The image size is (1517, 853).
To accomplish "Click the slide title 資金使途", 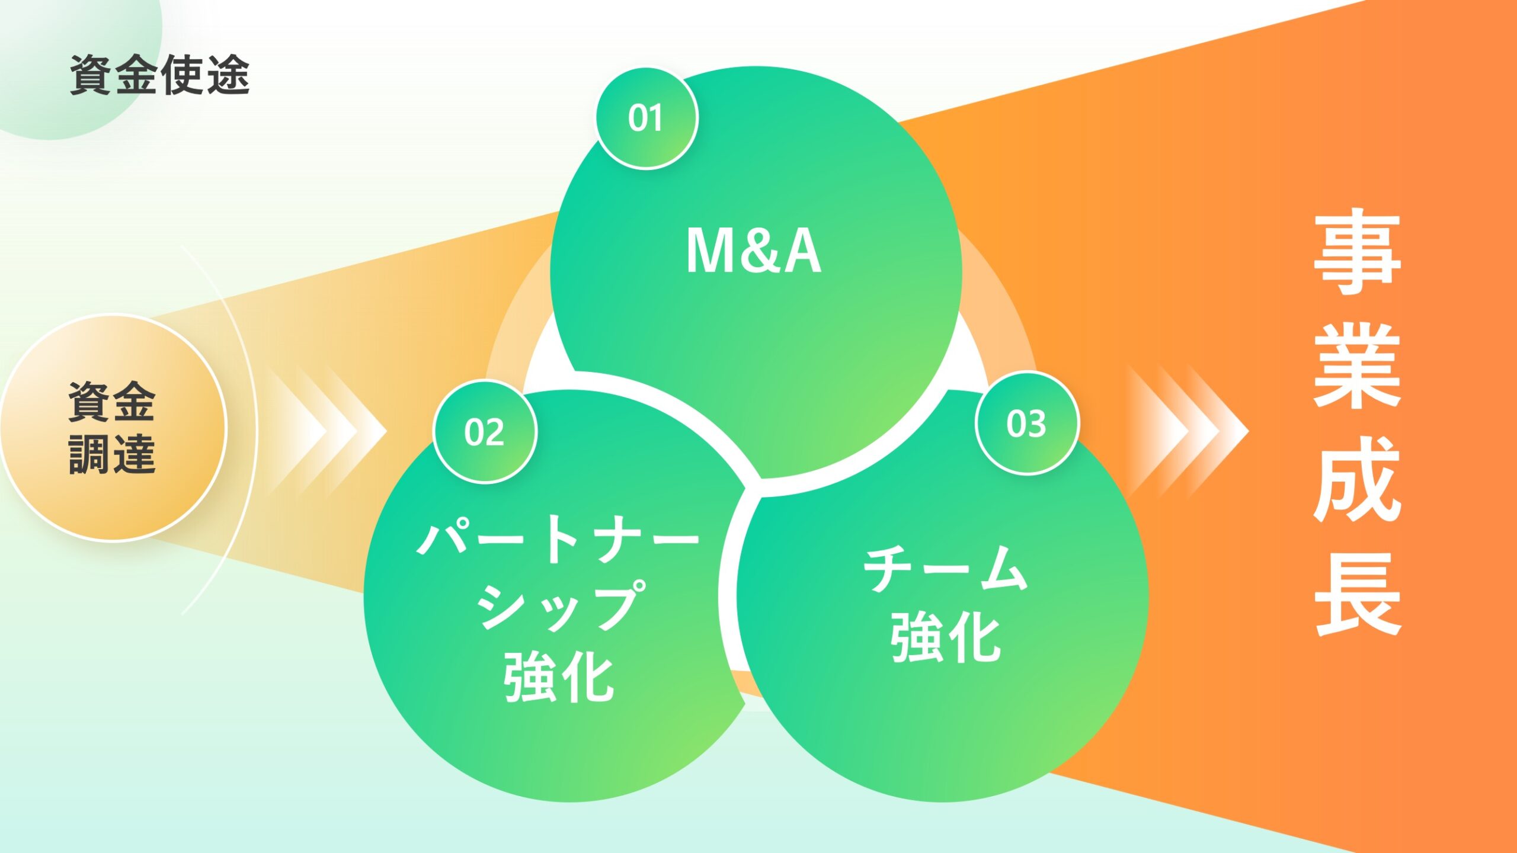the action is (x=160, y=75).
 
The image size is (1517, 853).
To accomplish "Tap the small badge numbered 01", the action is (x=646, y=118).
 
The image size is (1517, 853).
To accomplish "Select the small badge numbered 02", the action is (x=484, y=432).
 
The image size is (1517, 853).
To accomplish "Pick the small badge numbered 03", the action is (x=1026, y=424).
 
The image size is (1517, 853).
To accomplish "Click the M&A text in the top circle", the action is (x=754, y=251).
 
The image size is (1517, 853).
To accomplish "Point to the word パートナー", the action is (x=559, y=538).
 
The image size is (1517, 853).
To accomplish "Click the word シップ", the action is (x=560, y=605).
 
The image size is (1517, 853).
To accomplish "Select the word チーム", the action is (x=945, y=568).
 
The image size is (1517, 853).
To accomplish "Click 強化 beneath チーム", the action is (x=946, y=637).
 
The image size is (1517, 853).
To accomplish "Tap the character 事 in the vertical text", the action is (x=1357, y=252).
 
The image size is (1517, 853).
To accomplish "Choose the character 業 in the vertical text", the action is (x=1357, y=365).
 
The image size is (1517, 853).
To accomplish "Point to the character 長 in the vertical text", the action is (x=1357, y=593).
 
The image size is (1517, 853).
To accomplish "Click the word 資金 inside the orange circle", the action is (x=112, y=402).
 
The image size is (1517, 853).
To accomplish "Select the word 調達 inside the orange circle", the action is (x=112, y=454).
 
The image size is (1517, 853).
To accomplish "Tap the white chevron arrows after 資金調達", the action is (x=327, y=431).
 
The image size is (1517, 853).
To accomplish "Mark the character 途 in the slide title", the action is (x=229, y=75).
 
